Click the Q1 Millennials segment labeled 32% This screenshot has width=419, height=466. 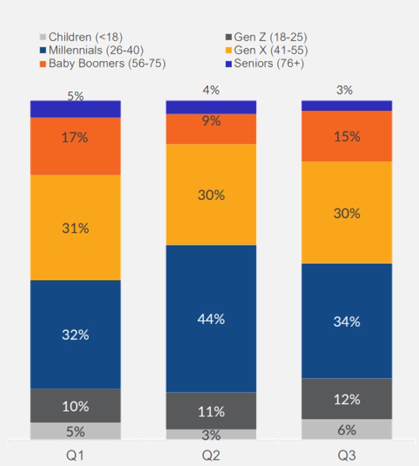(x=75, y=334)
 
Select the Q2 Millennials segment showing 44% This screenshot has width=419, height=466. (x=211, y=318)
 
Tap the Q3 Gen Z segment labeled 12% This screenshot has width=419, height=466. (x=347, y=399)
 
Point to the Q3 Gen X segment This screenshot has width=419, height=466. (x=347, y=212)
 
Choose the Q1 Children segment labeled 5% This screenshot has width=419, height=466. (x=75, y=431)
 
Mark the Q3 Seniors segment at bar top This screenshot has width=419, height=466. (x=347, y=106)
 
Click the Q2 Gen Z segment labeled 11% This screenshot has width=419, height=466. (x=211, y=411)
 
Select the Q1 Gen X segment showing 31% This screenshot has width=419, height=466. (x=75, y=227)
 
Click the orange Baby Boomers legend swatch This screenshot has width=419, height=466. (x=43, y=63)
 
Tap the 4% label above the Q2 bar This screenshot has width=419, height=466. (x=211, y=89)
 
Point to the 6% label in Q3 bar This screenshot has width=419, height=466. (x=347, y=430)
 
